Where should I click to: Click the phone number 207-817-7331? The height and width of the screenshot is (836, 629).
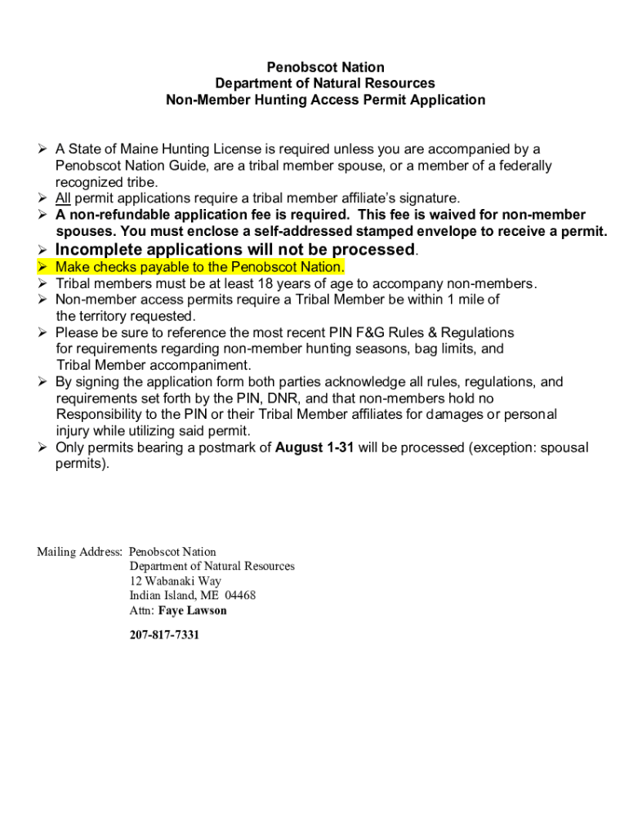click(164, 634)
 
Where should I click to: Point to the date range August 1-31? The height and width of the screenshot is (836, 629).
click(314, 447)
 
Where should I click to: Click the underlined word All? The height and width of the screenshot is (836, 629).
click(63, 198)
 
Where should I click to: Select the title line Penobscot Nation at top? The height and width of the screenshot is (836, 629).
click(325, 67)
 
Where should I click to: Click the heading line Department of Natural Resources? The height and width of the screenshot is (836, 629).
click(325, 83)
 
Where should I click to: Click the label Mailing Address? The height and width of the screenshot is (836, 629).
click(80, 552)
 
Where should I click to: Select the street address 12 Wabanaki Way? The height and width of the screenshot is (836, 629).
click(175, 581)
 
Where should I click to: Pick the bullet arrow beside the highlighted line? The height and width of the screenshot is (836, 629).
click(43, 268)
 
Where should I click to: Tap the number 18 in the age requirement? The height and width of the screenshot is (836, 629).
click(265, 284)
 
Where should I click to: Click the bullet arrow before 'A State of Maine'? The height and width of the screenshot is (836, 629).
click(43, 149)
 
